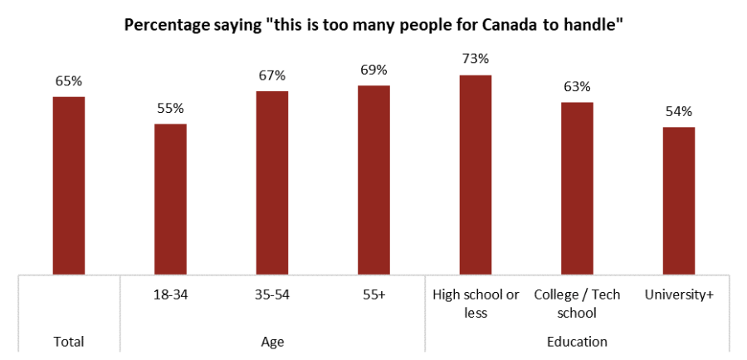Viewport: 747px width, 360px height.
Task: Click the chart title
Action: pos(373,26)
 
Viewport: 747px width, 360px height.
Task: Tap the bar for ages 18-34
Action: pos(170,198)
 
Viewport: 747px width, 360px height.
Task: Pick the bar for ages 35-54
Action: pos(272,182)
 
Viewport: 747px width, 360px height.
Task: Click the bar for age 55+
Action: pos(373,179)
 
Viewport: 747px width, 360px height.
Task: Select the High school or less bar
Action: pos(476,174)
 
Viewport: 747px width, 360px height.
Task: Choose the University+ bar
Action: pos(679,200)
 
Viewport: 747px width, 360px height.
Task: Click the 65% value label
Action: pos(69,81)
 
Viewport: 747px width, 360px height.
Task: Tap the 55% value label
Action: pos(170,108)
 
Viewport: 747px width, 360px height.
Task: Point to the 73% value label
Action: pos(476,59)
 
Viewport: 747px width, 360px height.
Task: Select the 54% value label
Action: pos(679,111)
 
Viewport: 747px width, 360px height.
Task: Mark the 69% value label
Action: pos(373,70)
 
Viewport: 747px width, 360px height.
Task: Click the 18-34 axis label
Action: pos(170,294)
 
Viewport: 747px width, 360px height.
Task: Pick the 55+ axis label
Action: pos(373,294)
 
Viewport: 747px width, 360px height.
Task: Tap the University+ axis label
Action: pos(679,294)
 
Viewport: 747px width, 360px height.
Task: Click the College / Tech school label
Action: pos(577,304)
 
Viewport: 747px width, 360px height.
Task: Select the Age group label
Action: pos(272,341)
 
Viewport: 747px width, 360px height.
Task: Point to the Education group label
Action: pos(577,341)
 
